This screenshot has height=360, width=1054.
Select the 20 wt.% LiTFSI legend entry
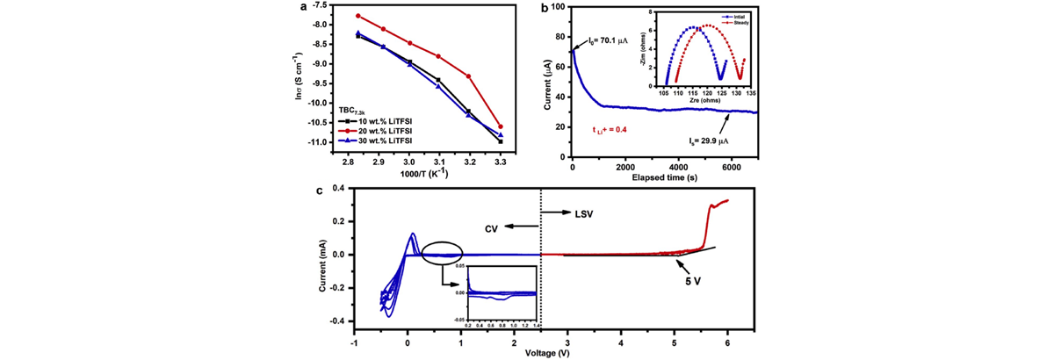(383, 131)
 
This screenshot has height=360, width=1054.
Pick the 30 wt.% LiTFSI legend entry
(383, 140)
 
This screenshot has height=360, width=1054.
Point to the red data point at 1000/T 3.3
(501, 126)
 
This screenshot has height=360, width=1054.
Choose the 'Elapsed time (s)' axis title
(666, 177)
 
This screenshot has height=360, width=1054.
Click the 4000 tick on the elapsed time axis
(677, 166)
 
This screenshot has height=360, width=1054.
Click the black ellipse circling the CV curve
(442, 254)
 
